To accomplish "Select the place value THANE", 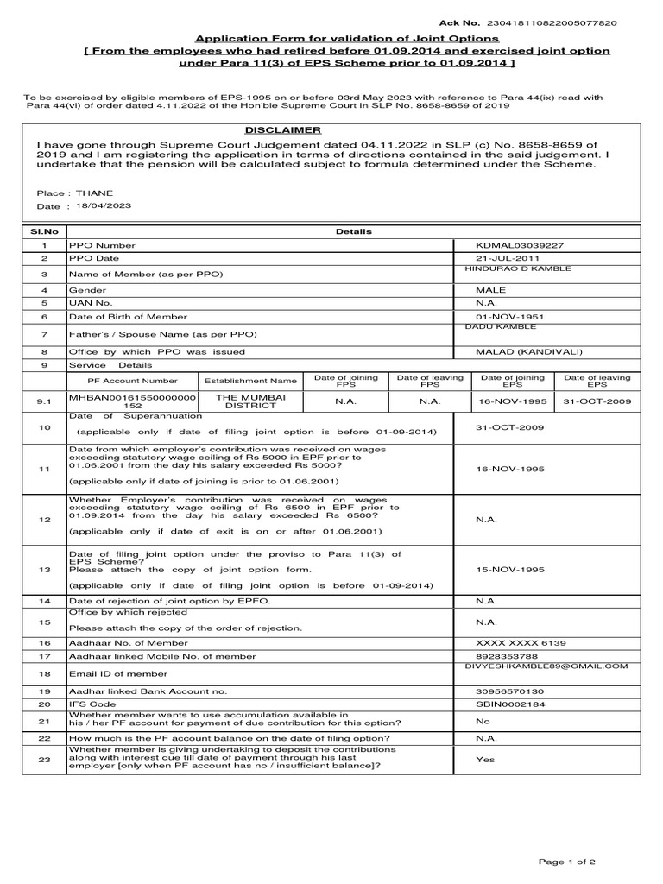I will click(94, 193).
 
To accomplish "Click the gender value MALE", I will click(491, 291).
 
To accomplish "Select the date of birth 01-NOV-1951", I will click(508, 317).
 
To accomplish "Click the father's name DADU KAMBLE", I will click(500, 326).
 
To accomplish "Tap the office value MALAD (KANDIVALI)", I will click(521, 352).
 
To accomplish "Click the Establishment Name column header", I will click(250, 380).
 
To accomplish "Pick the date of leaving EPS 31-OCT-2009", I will click(597, 401).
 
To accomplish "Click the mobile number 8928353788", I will click(505, 657).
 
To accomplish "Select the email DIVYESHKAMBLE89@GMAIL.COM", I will click(543, 666).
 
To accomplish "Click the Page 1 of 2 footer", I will click(567, 862).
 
